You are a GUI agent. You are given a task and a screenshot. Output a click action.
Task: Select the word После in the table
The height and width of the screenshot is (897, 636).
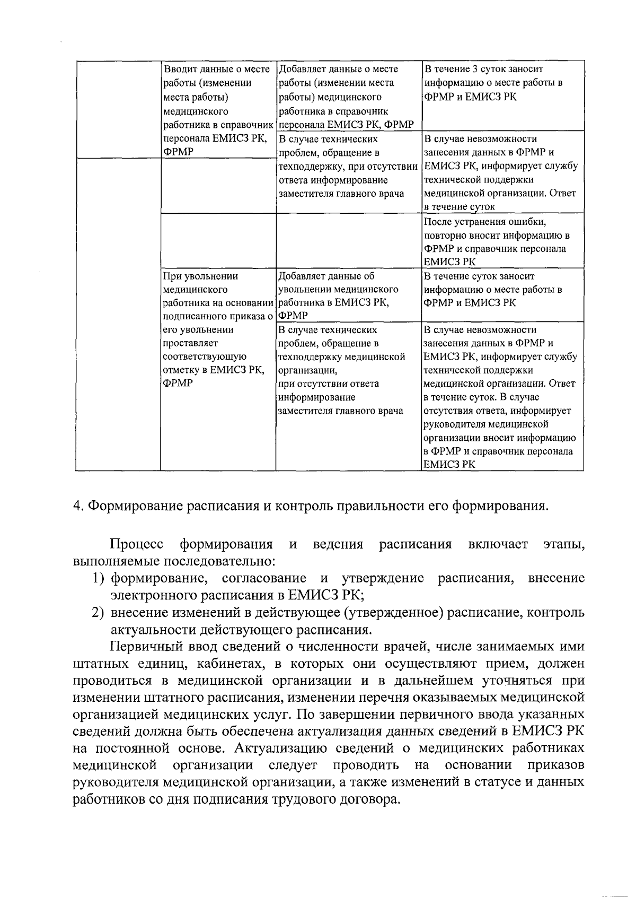(x=437, y=221)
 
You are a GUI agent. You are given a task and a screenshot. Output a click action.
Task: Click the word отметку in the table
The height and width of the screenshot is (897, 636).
(x=183, y=370)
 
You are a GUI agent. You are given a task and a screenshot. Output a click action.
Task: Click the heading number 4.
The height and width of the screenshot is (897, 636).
(x=77, y=506)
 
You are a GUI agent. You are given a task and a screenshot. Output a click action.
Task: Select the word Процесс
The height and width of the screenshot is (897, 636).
(x=137, y=544)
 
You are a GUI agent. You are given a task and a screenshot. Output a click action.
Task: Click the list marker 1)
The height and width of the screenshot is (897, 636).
(x=99, y=578)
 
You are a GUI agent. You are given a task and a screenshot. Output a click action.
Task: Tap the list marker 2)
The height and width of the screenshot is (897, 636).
(x=99, y=612)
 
